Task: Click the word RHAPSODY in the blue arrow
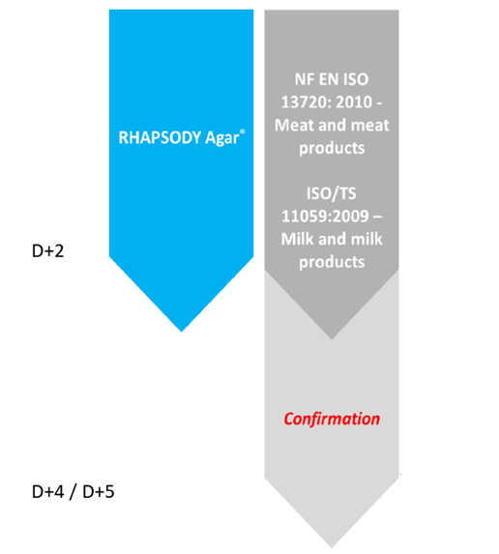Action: point(160,137)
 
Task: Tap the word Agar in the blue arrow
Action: point(221,138)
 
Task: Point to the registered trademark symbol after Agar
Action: point(242,131)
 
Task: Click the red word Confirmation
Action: point(332,419)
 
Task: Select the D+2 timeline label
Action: point(47,250)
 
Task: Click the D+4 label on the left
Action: point(48,492)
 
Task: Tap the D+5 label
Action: point(99,492)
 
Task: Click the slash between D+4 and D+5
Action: point(73,492)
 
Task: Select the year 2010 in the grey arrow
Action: point(355,102)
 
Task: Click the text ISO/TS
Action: point(332,193)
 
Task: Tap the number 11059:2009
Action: point(325,216)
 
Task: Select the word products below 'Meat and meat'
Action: point(332,148)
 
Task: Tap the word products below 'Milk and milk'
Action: point(332,262)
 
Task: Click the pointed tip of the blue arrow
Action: point(181,332)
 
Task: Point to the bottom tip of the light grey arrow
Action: point(332,547)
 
